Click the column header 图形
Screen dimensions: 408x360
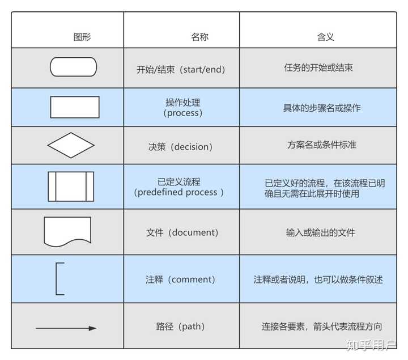[82, 37]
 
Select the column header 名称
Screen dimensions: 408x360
[199, 37]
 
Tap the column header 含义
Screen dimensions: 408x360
[325, 37]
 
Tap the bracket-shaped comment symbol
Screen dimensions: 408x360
[57, 279]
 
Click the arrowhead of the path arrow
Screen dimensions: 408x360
[92, 328]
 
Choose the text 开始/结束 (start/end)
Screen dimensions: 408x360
[181, 70]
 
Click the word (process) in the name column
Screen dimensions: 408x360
[182, 113]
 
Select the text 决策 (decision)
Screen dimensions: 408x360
[180, 147]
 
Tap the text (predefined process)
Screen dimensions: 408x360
[178, 192]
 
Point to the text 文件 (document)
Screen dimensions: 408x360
[182, 232]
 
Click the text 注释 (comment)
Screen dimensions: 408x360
[180, 279]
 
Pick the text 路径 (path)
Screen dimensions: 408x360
[180, 326]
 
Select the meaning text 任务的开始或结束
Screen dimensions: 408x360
[318, 67]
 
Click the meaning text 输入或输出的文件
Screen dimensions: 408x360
[320, 232]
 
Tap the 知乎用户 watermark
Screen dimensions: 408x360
[371, 345]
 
